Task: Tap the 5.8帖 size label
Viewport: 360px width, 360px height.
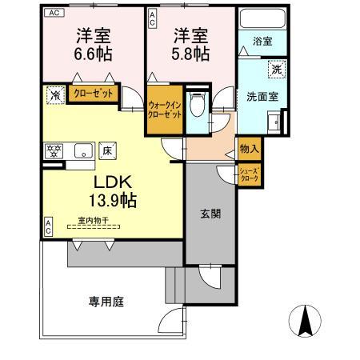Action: click(x=190, y=54)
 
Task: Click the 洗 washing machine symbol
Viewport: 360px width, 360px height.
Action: click(x=274, y=70)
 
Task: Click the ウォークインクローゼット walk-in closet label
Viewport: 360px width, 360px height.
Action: click(x=165, y=109)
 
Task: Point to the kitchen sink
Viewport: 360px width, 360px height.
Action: click(x=82, y=149)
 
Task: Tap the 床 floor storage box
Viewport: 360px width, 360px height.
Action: click(x=108, y=149)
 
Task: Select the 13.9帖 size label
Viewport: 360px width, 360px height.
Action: click(x=110, y=200)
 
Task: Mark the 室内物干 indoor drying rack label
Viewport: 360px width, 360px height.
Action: click(x=94, y=221)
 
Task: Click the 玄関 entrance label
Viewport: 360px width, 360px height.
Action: click(x=210, y=214)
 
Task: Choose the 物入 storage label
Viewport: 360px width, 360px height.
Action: click(x=248, y=149)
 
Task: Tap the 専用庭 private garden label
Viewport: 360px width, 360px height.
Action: click(x=106, y=302)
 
